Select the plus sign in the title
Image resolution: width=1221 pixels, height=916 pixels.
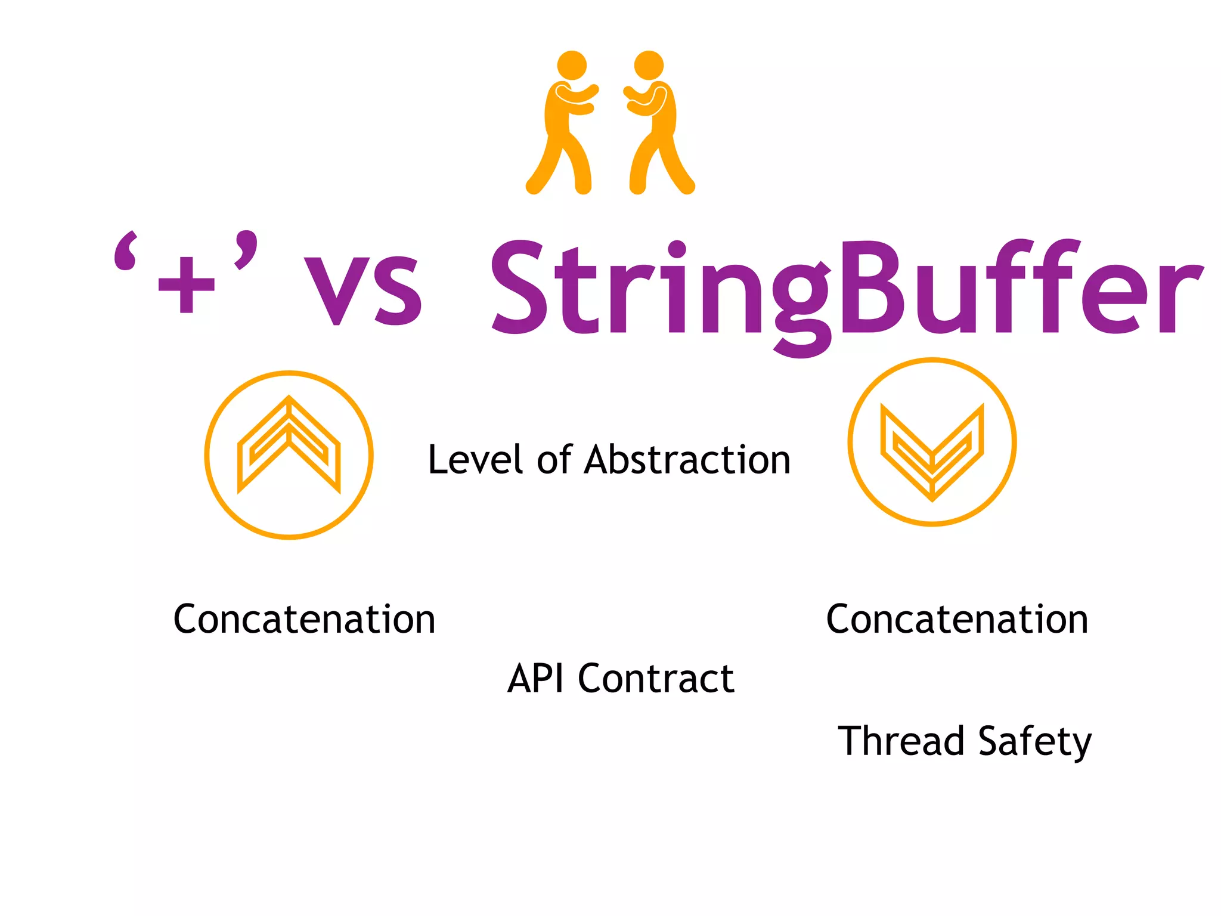click(x=186, y=284)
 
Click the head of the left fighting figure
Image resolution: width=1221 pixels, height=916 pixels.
click(x=572, y=66)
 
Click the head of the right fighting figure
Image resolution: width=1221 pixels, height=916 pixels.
click(x=649, y=66)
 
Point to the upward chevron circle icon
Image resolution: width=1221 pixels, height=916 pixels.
click(x=289, y=455)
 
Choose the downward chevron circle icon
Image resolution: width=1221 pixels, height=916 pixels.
click(x=932, y=442)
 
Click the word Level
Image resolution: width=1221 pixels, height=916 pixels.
click(x=475, y=460)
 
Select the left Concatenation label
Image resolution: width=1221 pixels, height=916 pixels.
click(x=304, y=619)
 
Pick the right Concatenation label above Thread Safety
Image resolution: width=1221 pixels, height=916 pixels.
click(x=957, y=619)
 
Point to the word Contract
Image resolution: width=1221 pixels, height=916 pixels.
click(x=656, y=679)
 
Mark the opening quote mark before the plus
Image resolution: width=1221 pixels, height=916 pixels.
click(x=126, y=252)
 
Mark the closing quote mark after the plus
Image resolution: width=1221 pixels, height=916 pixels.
click(x=246, y=249)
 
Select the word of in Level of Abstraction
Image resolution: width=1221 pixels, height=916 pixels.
click(x=554, y=460)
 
